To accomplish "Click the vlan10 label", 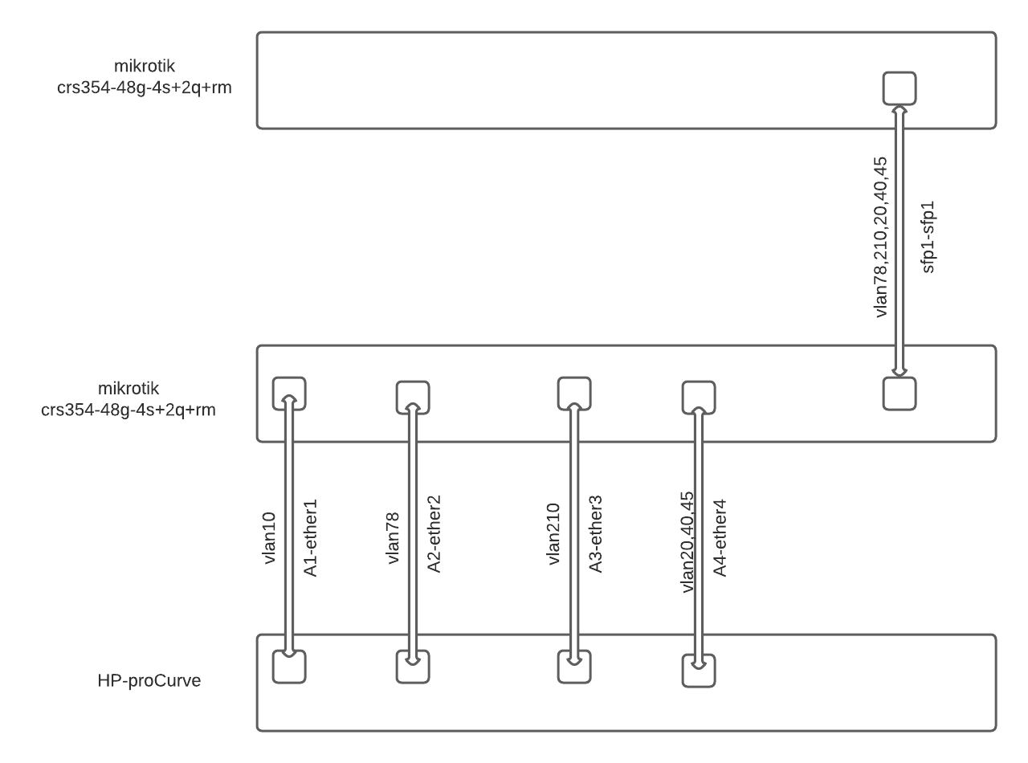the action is click(x=269, y=538).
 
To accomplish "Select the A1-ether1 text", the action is click(x=310, y=538).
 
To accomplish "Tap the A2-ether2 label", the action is click(x=434, y=534).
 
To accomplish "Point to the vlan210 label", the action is click(x=554, y=534).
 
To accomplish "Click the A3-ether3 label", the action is click(x=595, y=534).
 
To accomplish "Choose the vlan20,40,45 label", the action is click(x=687, y=542).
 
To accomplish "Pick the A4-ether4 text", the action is click(x=720, y=538).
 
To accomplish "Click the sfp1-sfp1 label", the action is click(x=928, y=237).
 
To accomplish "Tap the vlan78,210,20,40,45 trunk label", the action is click(x=880, y=237).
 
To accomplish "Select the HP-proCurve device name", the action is click(x=149, y=680).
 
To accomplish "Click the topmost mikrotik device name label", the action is click(x=144, y=76).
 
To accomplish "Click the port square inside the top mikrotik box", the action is click(x=899, y=88).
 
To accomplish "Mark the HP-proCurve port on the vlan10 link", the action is click(x=289, y=667).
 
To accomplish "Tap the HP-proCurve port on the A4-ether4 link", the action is click(x=699, y=671).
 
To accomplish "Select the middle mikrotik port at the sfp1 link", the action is click(x=899, y=394).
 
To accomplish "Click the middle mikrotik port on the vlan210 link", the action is click(x=574, y=394).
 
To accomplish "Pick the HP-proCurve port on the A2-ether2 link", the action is click(x=413, y=667).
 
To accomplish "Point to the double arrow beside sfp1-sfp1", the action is click(x=899, y=241).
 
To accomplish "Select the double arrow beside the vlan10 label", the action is click(x=289, y=526).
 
